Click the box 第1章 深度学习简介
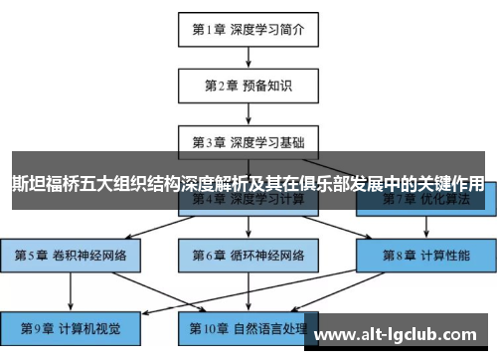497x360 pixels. tap(248, 30)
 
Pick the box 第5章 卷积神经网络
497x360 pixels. tap(71, 255)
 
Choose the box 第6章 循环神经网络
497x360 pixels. tap(248, 255)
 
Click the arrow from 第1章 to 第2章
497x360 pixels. tap(248, 57)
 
